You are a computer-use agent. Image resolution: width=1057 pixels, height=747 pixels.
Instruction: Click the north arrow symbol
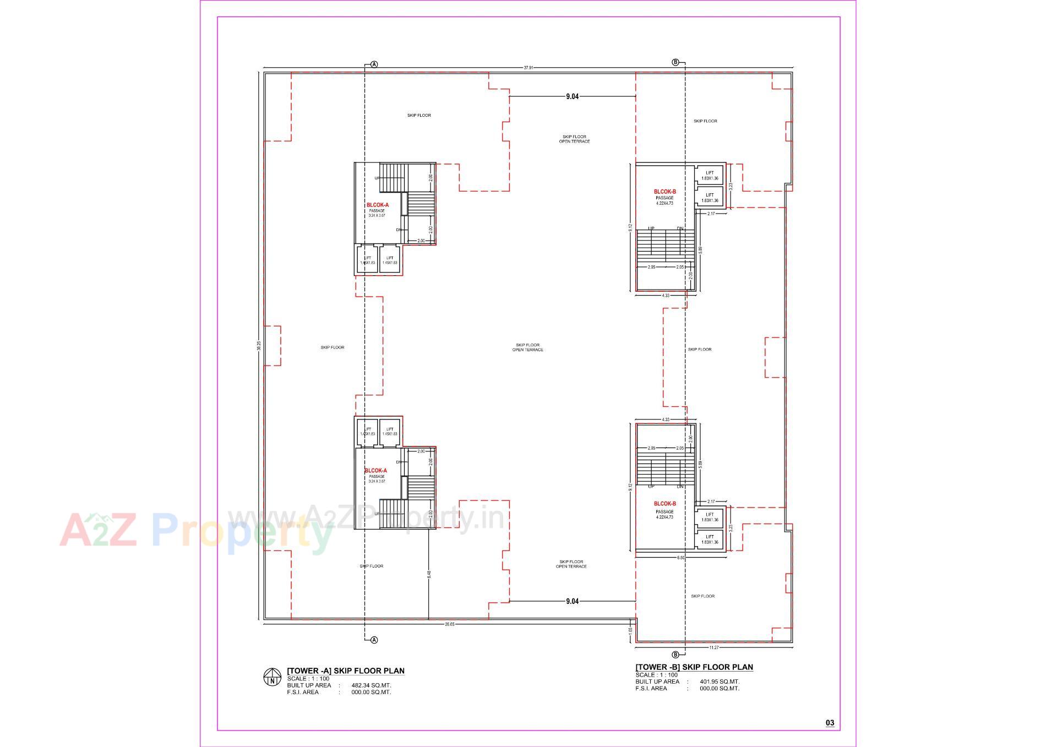[272, 677]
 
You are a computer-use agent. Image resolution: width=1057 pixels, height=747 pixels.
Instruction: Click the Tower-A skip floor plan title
[346, 670]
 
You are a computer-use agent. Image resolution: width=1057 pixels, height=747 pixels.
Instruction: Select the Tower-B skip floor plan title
[694, 667]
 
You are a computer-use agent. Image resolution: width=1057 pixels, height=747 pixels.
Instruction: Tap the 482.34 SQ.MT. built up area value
[371, 685]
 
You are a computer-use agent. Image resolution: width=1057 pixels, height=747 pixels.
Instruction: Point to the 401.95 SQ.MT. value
[720, 681]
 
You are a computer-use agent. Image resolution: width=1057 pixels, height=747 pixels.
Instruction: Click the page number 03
[830, 723]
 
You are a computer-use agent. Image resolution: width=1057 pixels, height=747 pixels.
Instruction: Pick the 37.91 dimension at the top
[528, 68]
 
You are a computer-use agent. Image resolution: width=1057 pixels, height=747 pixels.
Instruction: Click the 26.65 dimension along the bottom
[450, 624]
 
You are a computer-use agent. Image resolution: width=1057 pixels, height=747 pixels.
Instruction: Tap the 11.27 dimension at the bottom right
[714, 647]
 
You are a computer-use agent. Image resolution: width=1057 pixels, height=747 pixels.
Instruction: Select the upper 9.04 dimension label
[572, 96]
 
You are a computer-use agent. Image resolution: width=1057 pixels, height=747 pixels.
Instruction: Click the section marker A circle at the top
[374, 64]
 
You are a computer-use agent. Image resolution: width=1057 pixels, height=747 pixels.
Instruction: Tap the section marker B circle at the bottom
[676, 655]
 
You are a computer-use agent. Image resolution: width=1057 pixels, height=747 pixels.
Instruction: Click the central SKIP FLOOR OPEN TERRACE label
[527, 347]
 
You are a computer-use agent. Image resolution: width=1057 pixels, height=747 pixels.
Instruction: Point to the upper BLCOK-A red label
[378, 205]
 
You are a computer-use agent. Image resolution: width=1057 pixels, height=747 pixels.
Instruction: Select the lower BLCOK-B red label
[664, 504]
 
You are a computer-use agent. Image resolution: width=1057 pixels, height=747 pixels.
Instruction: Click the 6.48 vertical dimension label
[429, 574]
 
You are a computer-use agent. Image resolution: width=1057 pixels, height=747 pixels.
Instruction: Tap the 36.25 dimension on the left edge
[259, 346]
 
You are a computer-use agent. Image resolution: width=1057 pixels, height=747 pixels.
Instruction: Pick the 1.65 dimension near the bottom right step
[630, 630]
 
